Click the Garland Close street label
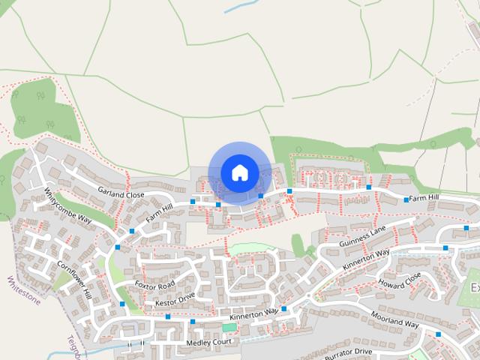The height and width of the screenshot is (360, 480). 121,194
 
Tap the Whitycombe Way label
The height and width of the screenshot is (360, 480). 67,205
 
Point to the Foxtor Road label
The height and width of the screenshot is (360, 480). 154,285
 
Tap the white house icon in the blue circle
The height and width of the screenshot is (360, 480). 239,172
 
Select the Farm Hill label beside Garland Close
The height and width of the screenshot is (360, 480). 159,212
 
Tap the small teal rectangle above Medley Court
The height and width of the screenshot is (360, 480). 229,328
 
